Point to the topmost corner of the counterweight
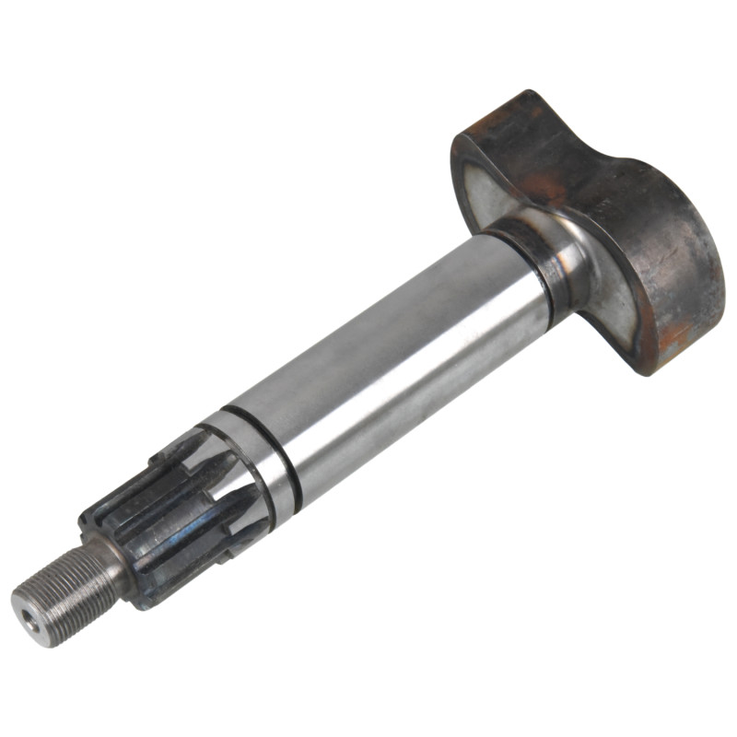pos(527,93)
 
